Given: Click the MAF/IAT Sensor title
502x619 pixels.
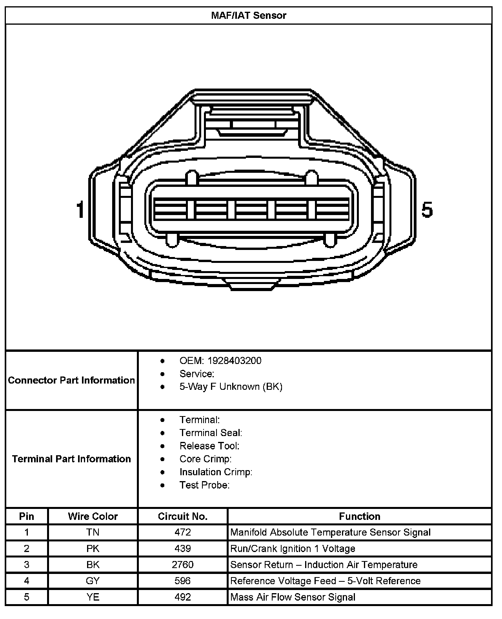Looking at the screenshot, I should pos(249,16).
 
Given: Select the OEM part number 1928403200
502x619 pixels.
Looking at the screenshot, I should pos(234,361).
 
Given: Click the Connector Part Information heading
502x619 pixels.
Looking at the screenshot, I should pos(71,380).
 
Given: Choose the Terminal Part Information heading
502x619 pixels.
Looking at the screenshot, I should pos(71,459).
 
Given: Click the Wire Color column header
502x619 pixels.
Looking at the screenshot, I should pos(93,516).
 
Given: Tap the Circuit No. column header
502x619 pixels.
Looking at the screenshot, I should pos(183,516).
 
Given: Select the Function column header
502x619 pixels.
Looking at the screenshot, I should pos(360,516).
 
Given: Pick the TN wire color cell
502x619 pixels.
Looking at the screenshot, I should pos(93,532).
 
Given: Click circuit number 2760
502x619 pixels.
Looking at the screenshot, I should pos(183,565).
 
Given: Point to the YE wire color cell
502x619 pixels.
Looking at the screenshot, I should pos(93,597).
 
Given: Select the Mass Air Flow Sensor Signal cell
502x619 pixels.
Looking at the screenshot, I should pos(293,597).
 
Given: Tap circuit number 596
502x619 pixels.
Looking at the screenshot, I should pos(183,581).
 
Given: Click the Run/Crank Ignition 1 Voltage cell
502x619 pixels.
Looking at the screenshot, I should pos(293,548).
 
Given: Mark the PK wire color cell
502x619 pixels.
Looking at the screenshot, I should pos(93,548).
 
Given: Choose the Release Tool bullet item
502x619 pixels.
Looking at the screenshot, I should pos(209,446).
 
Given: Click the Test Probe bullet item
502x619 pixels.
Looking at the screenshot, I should pos(204,485).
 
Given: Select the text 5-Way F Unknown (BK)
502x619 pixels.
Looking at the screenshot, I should pos(231,387).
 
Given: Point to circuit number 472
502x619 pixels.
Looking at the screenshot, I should pos(183,532).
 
